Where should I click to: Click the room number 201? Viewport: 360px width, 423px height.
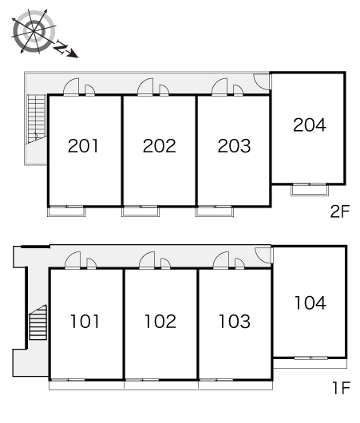(x=83, y=146)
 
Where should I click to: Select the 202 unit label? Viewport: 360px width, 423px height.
(x=159, y=146)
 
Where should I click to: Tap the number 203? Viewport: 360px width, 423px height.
(x=234, y=146)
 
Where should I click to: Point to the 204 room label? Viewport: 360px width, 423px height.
(x=310, y=125)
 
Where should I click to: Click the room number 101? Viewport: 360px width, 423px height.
(x=85, y=322)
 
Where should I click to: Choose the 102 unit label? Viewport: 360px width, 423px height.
(x=160, y=322)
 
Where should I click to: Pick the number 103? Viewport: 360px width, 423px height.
(x=235, y=322)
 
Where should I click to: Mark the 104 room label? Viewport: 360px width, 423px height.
(x=311, y=302)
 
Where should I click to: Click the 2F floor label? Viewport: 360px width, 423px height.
(x=340, y=211)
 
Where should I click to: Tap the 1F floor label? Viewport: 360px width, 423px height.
(x=341, y=388)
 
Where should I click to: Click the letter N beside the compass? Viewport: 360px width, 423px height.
(x=61, y=46)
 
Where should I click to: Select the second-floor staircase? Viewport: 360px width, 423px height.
(x=37, y=119)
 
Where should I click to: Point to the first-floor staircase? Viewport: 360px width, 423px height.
(x=38, y=322)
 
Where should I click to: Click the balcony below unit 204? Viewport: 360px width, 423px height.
(x=310, y=190)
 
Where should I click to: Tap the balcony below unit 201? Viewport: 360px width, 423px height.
(x=66, y=211)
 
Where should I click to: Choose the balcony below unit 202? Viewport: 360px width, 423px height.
(x=140, y=211)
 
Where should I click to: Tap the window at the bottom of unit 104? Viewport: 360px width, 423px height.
(x=311, y=358)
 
